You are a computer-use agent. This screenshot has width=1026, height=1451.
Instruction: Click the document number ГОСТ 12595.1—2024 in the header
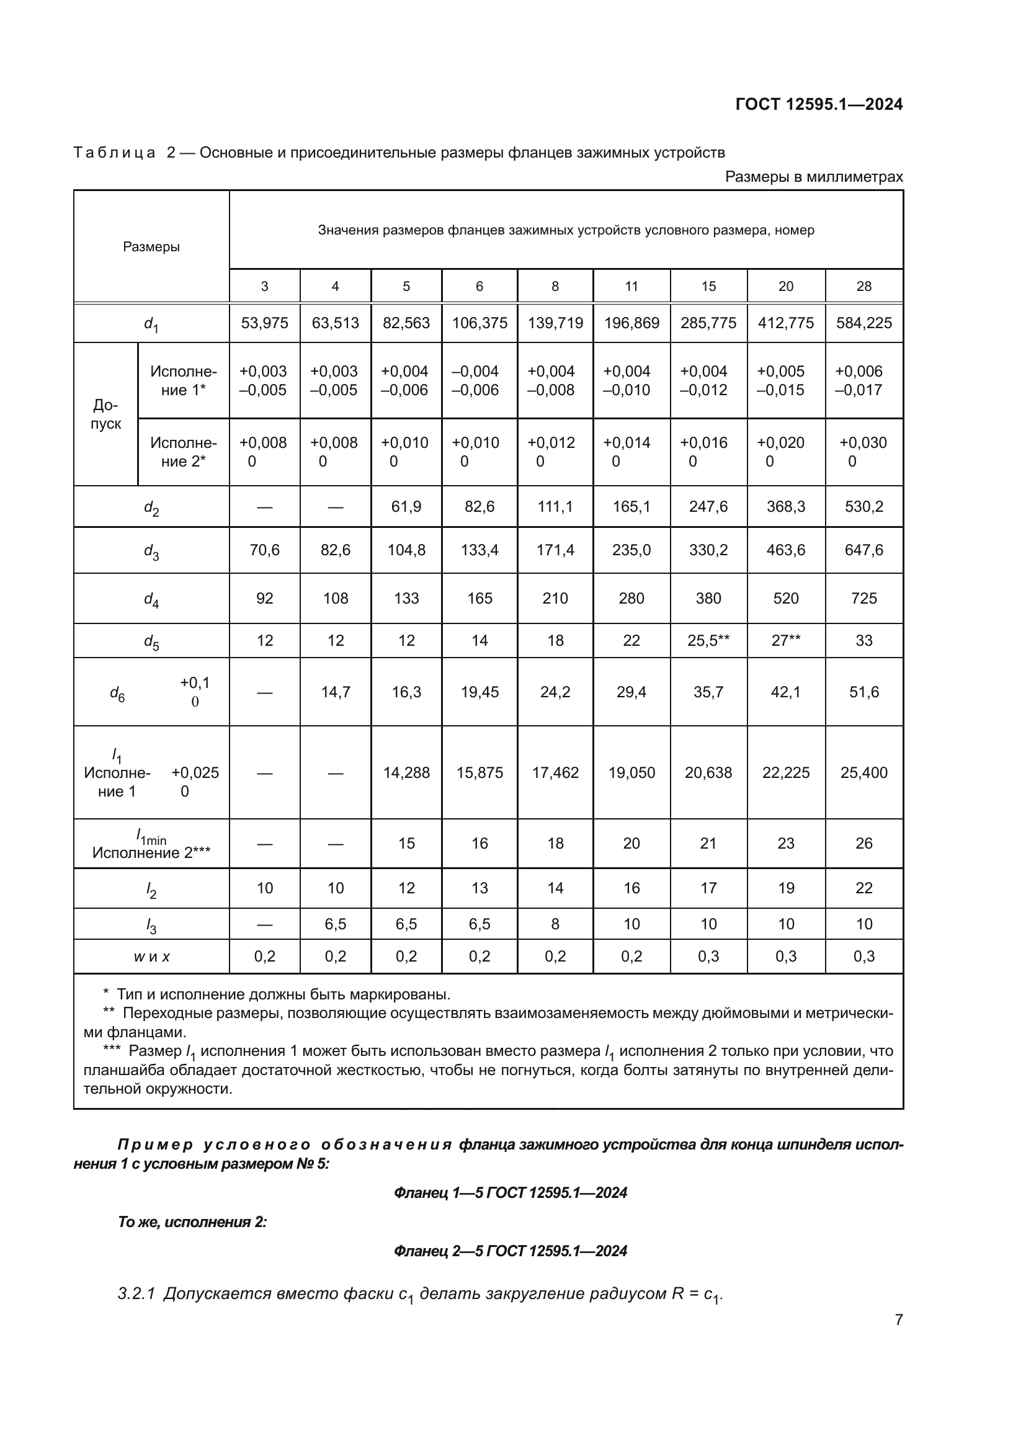[x=819, y=104]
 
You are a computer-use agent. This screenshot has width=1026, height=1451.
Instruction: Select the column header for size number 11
[x=631, y=286]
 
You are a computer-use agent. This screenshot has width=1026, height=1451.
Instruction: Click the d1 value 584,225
[x=863, y=323]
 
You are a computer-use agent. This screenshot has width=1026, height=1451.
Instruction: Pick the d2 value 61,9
[x=406, y=506]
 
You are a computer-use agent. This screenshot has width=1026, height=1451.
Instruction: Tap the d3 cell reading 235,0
[x=631, y=550]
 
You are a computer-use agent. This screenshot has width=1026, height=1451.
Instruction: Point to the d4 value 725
[x=863, y=598]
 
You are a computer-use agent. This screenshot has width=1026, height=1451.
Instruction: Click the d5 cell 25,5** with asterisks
[x=708, y=640]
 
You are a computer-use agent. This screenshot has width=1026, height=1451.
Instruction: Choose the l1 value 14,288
[x=406, y=772]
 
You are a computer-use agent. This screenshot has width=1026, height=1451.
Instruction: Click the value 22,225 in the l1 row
[x=785, y=772]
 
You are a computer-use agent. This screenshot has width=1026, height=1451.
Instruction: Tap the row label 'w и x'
[x=151, y=956]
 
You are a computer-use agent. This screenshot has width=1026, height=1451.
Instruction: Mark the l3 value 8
[x=555, y=924]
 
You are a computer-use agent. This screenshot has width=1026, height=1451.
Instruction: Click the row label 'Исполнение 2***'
[x=151, y=852]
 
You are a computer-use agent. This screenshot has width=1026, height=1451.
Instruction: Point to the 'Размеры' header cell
[x=151, y=246]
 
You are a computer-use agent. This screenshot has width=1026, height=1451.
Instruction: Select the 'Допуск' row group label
[x=105, y=414]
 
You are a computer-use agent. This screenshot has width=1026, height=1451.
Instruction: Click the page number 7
[x=898, y=1319]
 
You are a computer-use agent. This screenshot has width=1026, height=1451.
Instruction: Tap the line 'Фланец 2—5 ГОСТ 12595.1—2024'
[x=510, y=1251]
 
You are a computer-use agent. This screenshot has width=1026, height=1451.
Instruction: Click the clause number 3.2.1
[x=136, y=1293]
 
